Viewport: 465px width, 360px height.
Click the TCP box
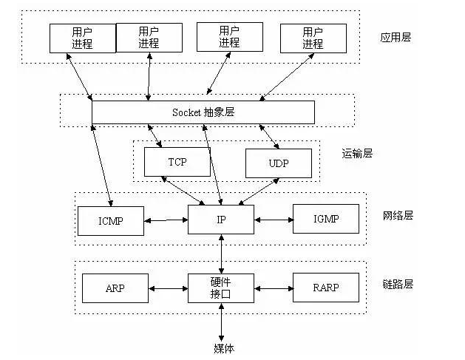(x=177, y=162)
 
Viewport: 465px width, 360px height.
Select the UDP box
(x=279, y=163)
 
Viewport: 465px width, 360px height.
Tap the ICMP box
(x=111, y=221)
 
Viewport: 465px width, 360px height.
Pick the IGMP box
(x=326, y=219)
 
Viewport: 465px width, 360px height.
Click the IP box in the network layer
(x=221, y=220)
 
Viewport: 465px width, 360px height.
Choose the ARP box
(x=115, y=288)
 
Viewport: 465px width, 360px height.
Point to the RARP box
(x=326, y=288)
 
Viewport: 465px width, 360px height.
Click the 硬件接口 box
(x=221, y=288)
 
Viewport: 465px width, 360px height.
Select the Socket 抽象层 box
(x=203, y=112)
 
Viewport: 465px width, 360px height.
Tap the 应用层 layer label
(x=396, y=38)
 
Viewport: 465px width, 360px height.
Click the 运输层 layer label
(x=357, y=154)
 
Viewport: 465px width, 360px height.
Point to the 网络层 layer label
(x=398, y=216)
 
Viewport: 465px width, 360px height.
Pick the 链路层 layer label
(x=398, y=284)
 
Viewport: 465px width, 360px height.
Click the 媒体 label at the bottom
(x=224, y=348)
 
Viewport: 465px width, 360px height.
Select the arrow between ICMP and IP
(x=166, y=220)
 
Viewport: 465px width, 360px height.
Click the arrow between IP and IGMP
(x=274, y=220)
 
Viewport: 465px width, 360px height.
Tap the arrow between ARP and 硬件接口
(x=168, y=288)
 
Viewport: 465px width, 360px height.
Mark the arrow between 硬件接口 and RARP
(x=274, y=288)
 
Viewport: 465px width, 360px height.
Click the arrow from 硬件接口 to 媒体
(x=221, y=322)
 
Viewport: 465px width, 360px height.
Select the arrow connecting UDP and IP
(x=259, y=191)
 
